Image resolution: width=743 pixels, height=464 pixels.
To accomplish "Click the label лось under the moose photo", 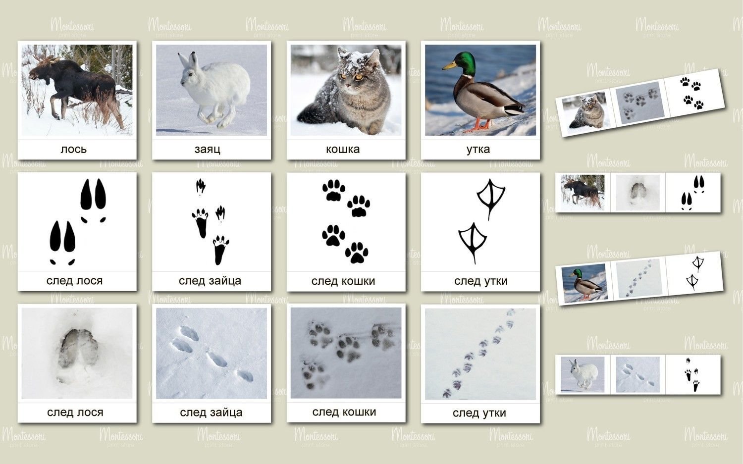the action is [74, 149].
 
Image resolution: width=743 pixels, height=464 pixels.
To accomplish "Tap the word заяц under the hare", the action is [208, 150].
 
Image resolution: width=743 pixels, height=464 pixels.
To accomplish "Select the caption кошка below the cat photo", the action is [343, 149].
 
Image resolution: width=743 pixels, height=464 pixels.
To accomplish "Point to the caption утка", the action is [478, 150].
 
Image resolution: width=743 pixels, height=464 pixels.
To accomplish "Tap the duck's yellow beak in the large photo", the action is [449, 66].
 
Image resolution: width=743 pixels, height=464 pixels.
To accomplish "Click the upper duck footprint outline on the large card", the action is [491, 199].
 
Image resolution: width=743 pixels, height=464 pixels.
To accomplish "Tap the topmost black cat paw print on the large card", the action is [334, 190].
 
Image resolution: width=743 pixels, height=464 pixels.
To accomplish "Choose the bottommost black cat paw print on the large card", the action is [357, 253].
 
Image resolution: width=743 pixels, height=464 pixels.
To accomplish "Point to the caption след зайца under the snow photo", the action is [211, 412].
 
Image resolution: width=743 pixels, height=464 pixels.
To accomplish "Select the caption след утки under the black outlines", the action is [480, 281].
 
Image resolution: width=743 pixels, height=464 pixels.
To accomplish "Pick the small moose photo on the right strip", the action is [583, 192].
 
